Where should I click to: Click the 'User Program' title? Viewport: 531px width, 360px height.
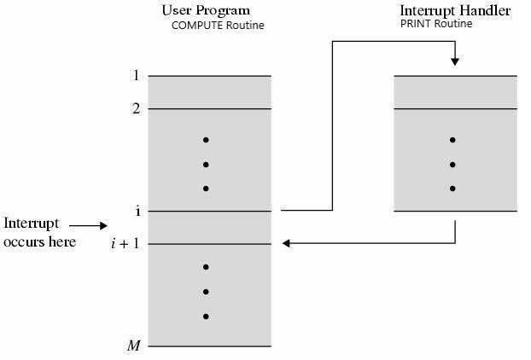(x=206, y=10)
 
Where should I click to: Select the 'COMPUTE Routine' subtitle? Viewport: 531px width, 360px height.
(x=218, y=25)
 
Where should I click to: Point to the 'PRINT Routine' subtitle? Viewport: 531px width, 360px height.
(x=435, y=24)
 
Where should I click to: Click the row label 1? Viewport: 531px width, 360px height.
(x=135, y=76)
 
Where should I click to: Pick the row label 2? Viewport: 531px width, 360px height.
(x=135, y=108)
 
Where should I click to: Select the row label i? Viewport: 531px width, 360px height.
(x=137, y=211)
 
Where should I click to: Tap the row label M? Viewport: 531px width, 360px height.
(x=134, y=345)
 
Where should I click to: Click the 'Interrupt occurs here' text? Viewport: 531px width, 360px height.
(x=39, y=233)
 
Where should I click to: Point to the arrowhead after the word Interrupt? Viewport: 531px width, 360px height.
(x=104, y=226)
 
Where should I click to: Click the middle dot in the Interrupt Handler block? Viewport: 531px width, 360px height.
(x=452, y=165)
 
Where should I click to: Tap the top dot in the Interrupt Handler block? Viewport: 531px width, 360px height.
(x=452, y=140)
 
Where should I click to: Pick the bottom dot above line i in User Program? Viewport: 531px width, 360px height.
(x=206, y=189)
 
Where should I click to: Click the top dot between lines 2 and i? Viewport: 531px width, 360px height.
(x=206, y=140)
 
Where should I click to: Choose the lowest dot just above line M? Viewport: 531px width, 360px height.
(x=206, y=316)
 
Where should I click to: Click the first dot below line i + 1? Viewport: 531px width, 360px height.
(x=206, y=267)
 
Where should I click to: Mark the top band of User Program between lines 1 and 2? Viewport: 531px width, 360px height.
(x=209, y=92)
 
